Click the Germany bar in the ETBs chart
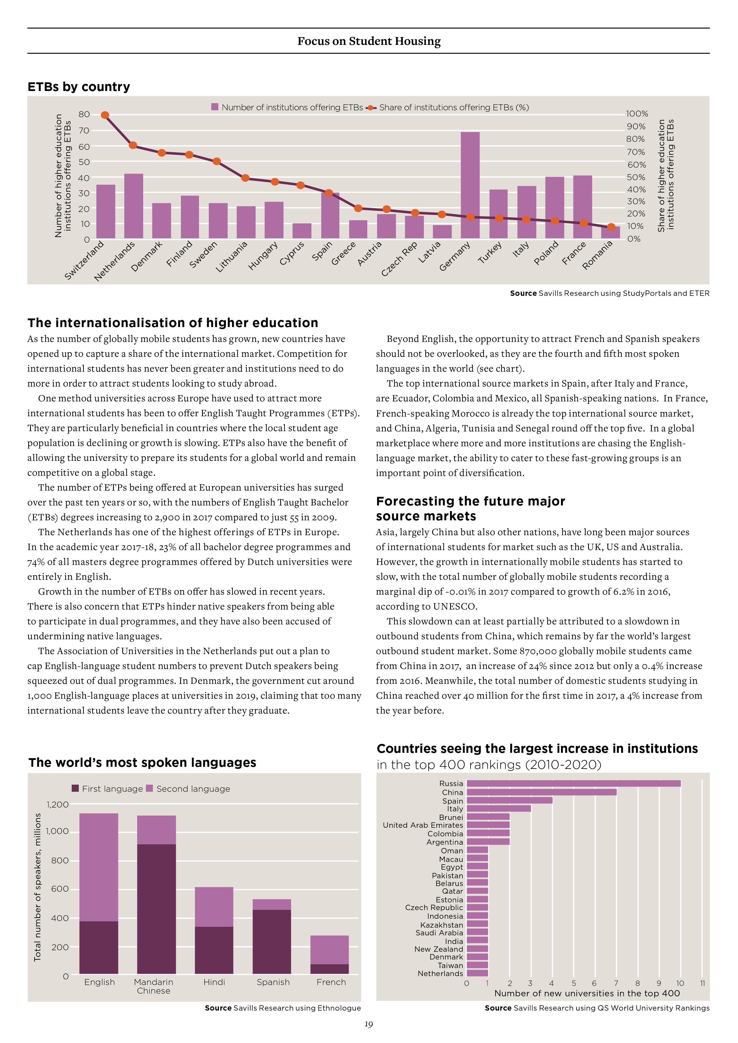470,185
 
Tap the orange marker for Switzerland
105,115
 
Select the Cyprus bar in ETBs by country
302,231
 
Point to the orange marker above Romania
611,227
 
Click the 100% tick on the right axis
637,114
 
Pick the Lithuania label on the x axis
231,257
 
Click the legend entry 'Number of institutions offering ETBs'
287,107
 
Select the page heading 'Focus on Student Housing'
369,41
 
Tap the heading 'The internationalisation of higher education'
173,323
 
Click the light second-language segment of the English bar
99,867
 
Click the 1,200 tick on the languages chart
58,805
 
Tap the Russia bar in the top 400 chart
574,783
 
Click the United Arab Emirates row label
423,825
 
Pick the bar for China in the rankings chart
542,792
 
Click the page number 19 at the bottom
369,1024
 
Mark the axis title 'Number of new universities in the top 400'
587,993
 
